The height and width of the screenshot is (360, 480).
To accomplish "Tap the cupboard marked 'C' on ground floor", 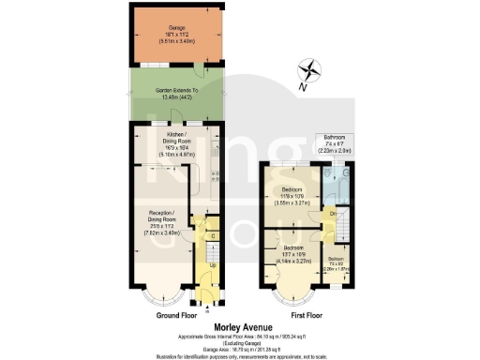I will [x=213, y=235].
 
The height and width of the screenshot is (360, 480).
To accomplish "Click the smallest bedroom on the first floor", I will [x=336, y=265].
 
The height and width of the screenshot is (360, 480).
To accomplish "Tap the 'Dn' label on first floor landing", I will [x=333, y=215].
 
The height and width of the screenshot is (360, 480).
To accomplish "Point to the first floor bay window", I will [x=289, y=298].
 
